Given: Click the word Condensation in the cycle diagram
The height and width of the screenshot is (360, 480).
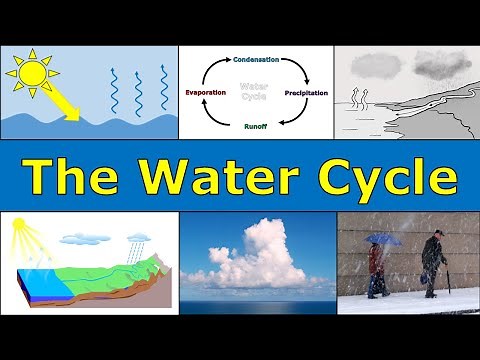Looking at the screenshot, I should (256, 58).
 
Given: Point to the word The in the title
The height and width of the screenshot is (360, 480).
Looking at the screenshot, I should (68, 178).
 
